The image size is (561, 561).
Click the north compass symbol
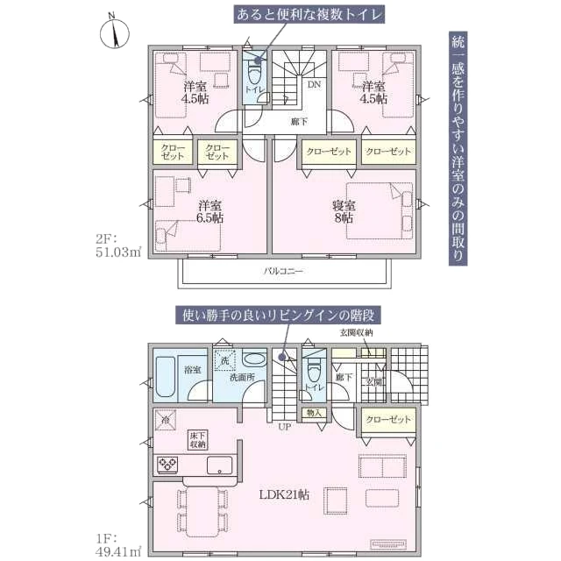(x=114, y=32)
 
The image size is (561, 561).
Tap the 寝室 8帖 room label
(x=344, y=212)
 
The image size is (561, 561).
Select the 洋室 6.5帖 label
(x=210, y=212)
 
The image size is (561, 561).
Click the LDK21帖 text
(x=284, y=494)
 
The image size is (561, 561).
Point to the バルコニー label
(x=284, y=271)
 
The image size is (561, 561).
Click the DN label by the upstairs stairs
(x=314, y=85)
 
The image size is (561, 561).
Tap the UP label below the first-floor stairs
(x=284, y=427)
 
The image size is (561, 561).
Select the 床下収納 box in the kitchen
(x=198, y=440)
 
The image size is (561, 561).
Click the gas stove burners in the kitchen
(x=167, y=465)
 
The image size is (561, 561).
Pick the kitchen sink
(x=219, y=465)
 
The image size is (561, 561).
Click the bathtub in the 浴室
(x=166, y=377)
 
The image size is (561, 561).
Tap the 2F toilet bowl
(x=255, y=75)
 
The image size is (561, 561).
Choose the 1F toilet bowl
(x=314, y=373)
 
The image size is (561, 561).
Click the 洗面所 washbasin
(x=254, y=359)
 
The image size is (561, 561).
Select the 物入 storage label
(x=314, y=413)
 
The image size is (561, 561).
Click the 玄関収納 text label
(x=356, y=332)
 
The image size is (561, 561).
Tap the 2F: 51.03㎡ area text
(x=118, y=245)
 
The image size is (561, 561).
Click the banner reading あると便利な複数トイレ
(x=309, y=15)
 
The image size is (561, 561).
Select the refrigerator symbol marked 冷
(x=166, y=420)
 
